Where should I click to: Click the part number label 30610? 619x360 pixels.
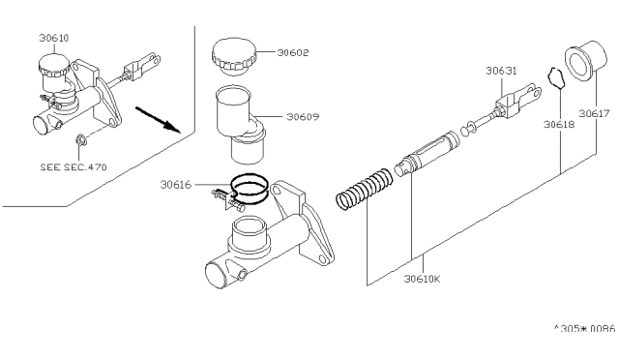(54, 38)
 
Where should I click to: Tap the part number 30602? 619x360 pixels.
(292, 52)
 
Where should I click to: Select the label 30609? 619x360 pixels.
(303, 117)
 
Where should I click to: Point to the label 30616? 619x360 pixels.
(176, 185)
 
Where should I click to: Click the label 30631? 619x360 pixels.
(501, 71)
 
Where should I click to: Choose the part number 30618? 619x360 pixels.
(559, 125)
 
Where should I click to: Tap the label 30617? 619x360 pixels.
(594, 114)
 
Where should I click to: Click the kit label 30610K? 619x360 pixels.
(422, 279)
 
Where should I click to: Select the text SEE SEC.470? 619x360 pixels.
(74, 167)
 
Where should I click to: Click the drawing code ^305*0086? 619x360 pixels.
(584, 328)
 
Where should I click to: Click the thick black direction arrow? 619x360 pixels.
(158, 119)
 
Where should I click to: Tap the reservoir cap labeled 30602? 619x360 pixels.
(234, 57)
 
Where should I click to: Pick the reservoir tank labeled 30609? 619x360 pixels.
(239, 125)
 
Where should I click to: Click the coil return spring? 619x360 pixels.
(365, 189)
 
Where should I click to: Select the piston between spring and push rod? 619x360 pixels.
(427, 154)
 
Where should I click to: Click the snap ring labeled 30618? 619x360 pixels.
(557, 77)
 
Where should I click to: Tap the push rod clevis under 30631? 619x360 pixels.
(518, 101)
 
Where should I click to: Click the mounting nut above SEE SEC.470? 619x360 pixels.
(81, 140)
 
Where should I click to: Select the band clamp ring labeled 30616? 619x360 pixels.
(250, 190)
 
